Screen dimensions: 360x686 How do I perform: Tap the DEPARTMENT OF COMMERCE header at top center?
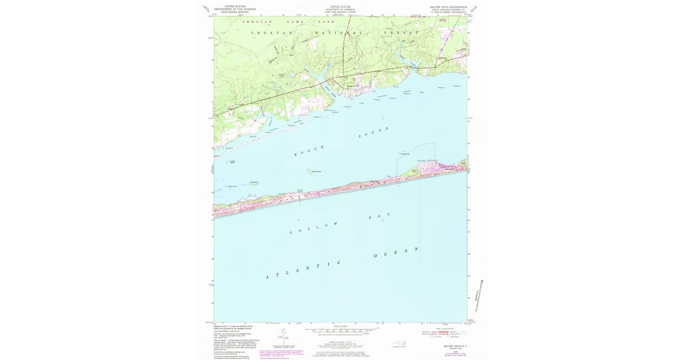coord(341,9)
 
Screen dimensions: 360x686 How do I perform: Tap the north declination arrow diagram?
coord(281,337)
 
